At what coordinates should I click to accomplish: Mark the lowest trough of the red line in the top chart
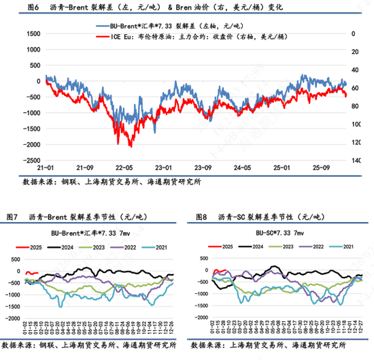(131, 146)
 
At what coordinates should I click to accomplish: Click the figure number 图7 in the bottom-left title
(11, 216)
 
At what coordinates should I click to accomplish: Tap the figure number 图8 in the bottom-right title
(201, 216)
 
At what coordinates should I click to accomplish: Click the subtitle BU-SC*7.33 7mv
(278, 233)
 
